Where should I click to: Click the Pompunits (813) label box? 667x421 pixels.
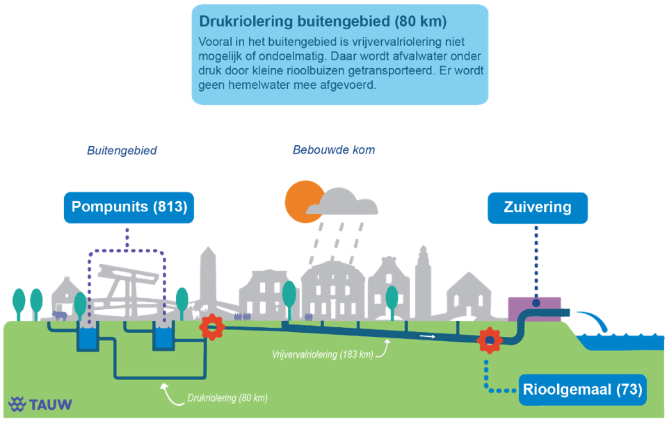(129, 207)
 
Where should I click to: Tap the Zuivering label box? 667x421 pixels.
(538, 208)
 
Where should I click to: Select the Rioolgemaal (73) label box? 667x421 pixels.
(582, 390)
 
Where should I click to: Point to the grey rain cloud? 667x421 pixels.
(342, 202)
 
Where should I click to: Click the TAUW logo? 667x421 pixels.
(40, 404)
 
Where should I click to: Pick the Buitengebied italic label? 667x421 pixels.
(122, 150)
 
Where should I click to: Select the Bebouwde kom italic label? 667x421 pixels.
(334, 150)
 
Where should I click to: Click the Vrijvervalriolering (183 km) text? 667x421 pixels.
(323, 354)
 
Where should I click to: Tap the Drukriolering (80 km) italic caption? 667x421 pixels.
(227, 398)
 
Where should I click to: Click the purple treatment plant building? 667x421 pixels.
(535, 309)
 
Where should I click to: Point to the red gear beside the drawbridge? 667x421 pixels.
(212, 327)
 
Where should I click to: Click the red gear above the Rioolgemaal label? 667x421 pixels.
(489, 340)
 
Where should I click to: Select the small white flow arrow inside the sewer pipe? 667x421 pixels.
(428, 336)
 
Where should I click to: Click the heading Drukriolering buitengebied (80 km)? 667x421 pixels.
(323, 22)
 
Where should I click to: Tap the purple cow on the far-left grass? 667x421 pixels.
(60, 315)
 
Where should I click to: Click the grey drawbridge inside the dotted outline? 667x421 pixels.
(126, 289)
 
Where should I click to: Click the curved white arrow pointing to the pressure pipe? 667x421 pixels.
(172, 394)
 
